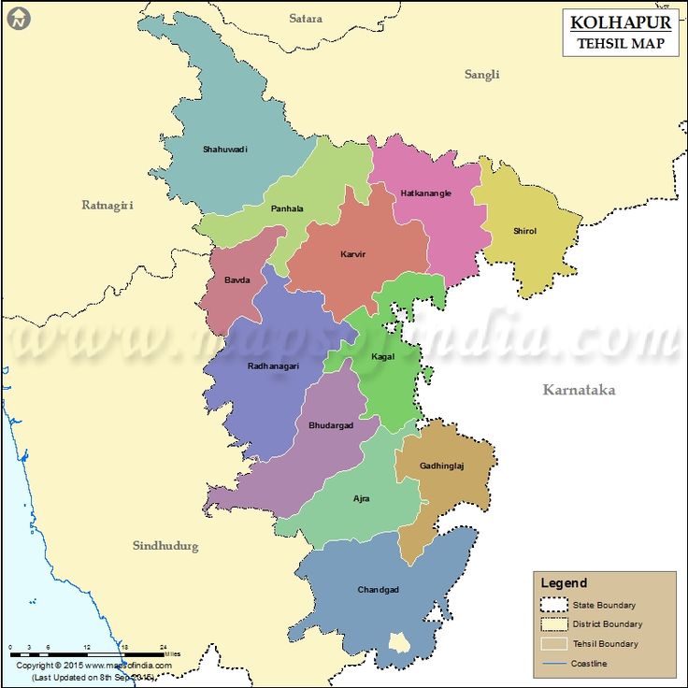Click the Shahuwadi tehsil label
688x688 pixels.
[x=225, y=150]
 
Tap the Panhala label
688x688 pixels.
[x=287, y=208]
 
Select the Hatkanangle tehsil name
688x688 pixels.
[x=425, y=193]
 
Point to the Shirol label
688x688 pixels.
[x=524, y=231]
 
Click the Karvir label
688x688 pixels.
[x=352, y=253]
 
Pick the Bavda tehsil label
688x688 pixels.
[x=236, y=279]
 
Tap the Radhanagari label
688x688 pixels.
[x=273, y=366]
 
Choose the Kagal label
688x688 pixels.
[x=383, y=357]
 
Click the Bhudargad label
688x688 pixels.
[x=331, y=425]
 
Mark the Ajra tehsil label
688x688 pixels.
[x=361, y=498]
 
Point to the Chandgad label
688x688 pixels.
[x=378, y=590]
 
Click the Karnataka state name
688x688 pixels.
[x=579, y=390]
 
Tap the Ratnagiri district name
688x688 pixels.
[x=107, y=205]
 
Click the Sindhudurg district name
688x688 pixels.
[x=165, y=546]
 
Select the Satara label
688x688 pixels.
[x=306, y=19]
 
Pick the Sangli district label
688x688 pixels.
[x=482, y=75]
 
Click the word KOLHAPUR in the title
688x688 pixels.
[x=621, y=22]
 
